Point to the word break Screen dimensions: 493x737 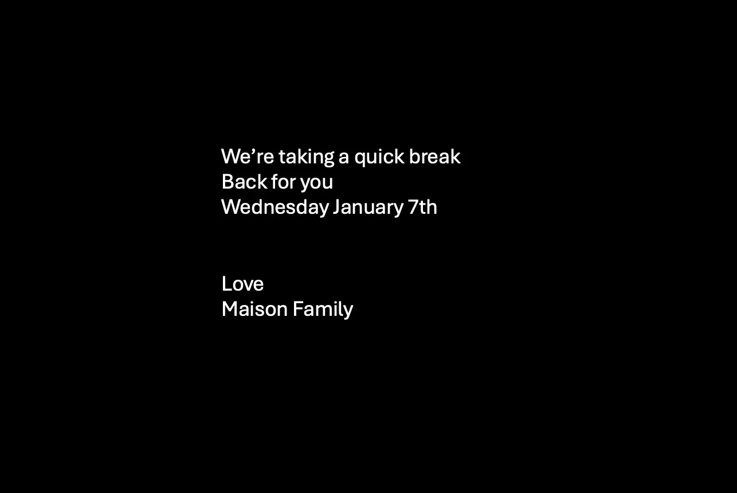[x=434, y=156]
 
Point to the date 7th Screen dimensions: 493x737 [x=422, y=207]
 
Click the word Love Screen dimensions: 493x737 [x=242, y=284]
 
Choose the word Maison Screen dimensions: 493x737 [x=254, y=309]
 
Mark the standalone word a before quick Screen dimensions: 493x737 [x=344, y=158]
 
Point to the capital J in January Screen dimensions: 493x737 [x=338, y=208]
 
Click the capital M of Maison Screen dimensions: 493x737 [x=230, y=309]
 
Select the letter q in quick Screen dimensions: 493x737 [x=360, y=159]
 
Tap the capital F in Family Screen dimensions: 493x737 [x=297, y=309]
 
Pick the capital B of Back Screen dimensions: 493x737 [x=228, y=182]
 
